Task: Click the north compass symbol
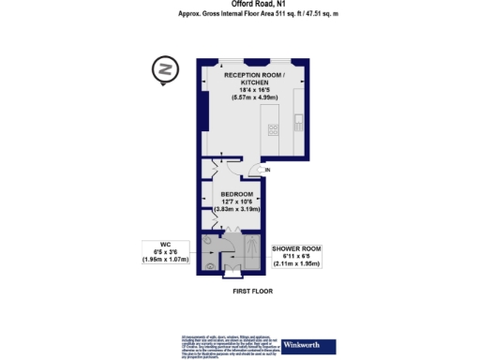tap(166, 70)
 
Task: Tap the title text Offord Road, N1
tap(241, 5)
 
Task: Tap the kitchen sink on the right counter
tap(299, 120)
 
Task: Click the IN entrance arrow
tap(267, 170)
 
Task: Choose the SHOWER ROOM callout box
tap(296, 256)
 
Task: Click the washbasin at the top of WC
tap(206, 241)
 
